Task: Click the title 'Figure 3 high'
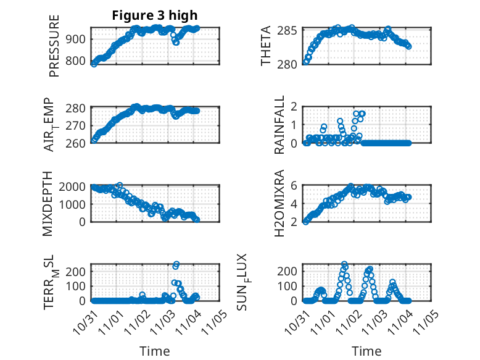[x=155, y=15]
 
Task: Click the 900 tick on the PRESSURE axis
[x=79, y=39]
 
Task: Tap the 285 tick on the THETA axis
[x=293, y=30]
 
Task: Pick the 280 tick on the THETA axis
[x=293, y=63]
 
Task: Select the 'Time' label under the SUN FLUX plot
[x=366, y=351]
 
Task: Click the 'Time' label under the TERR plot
[x=155, y=351]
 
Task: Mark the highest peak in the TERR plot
[x=176, y=265]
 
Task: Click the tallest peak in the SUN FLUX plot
[x=344, y=264]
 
